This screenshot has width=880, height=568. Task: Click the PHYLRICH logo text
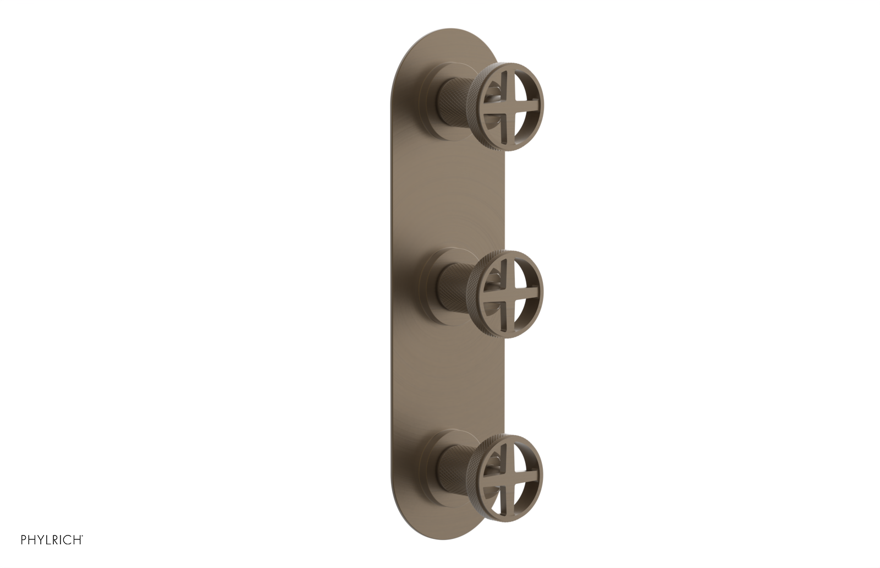pyautogui.click(x=52, y=540)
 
